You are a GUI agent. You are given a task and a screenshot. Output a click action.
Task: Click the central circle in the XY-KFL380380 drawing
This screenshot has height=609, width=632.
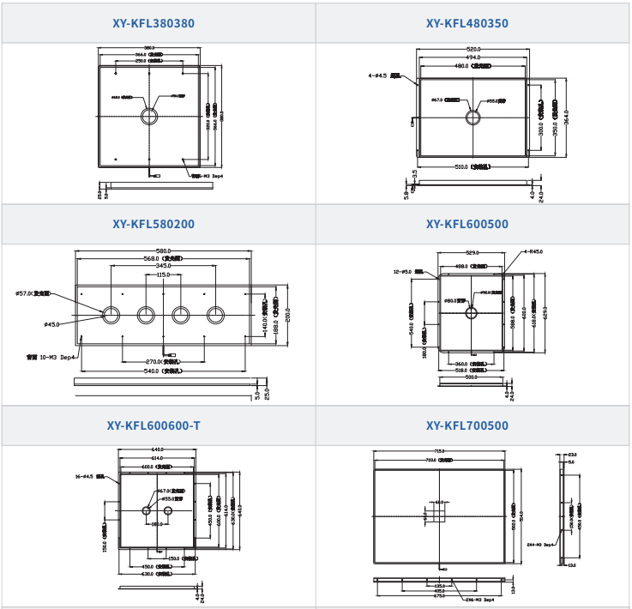coord(150,116)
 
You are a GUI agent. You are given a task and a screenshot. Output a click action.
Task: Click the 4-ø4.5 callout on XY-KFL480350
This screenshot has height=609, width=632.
coord(382,75)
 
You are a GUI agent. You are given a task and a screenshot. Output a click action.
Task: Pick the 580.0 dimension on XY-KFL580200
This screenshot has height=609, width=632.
coord(163,250)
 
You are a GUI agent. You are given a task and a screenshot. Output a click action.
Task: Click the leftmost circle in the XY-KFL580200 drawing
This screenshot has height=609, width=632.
coord(111,315)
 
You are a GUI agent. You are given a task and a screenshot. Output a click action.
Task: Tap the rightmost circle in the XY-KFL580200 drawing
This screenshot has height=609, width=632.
coord(215,315)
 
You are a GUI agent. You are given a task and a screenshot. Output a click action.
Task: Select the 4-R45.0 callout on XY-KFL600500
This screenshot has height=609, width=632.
coord(533,252)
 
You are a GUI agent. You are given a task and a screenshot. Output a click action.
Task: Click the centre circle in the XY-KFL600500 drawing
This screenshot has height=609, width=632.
coord(471,313)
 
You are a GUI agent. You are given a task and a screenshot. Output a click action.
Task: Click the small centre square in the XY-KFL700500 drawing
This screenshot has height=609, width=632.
coord(438,513)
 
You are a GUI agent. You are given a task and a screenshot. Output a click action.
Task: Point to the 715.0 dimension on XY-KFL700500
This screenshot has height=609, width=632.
coord(438,452)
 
